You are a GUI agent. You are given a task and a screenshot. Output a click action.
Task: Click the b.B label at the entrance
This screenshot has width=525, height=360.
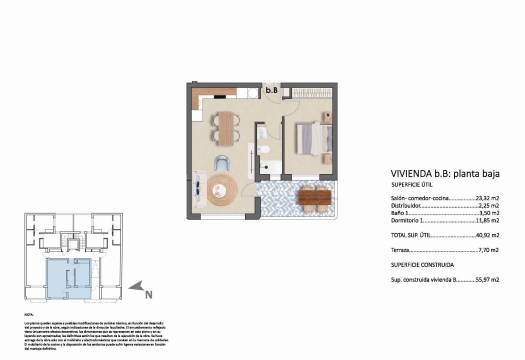tap(272, 89)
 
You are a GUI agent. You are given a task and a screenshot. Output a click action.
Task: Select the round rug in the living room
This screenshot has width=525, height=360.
tap(224, 188)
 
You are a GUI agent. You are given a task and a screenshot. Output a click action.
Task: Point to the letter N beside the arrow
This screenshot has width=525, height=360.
tap(149, 294)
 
